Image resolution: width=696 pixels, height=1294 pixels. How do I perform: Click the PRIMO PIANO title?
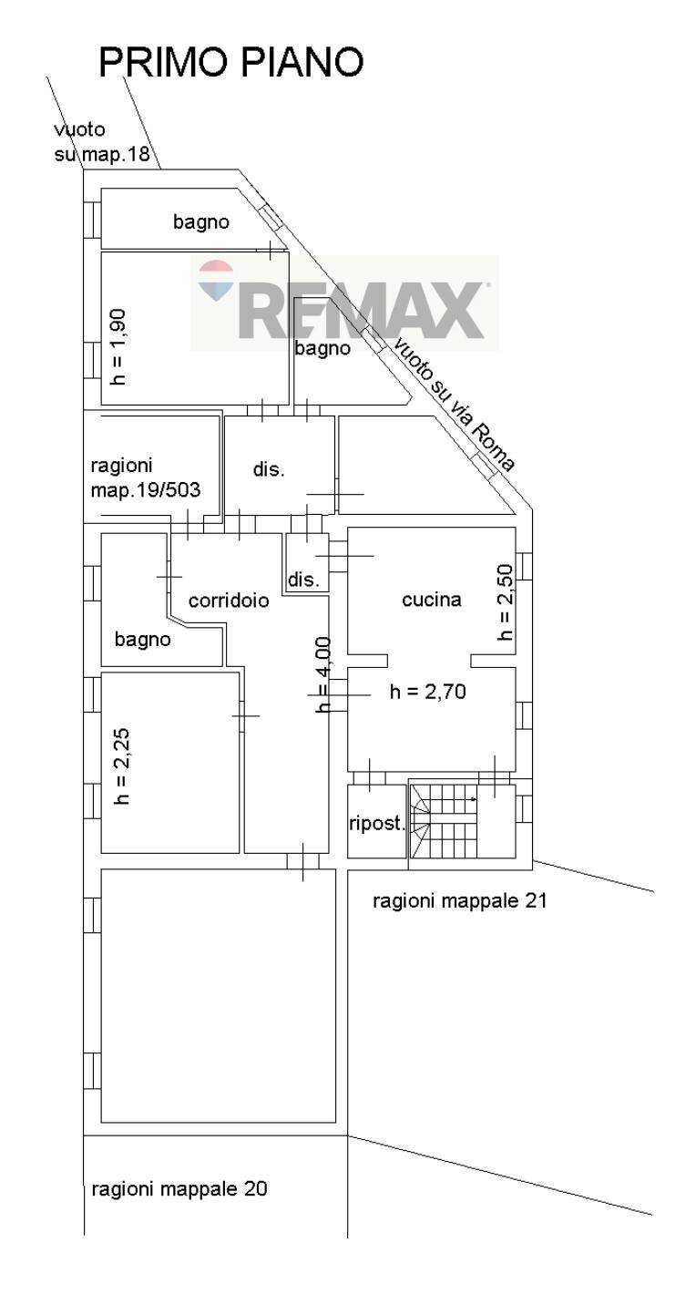231,62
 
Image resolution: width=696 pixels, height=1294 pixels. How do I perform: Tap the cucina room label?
432,600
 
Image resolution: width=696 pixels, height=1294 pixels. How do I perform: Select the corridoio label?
229,601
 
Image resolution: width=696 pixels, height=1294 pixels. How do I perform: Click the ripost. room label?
376,823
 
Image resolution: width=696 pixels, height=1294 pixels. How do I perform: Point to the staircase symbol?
444,821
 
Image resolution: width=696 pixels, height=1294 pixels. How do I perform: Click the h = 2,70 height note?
427,691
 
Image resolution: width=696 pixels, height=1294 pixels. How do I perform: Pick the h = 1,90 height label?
118,347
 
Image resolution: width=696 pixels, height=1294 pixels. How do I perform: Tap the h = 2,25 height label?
122,766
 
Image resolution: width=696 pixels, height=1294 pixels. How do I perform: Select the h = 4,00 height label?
323,674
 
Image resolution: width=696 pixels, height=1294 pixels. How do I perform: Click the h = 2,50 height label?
505,602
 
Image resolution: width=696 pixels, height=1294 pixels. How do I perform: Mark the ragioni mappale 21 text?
459,900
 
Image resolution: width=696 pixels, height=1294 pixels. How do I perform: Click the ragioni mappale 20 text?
179,1189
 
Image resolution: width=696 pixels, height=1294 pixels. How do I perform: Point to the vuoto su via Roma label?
454,405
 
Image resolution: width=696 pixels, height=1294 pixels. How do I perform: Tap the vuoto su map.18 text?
102,141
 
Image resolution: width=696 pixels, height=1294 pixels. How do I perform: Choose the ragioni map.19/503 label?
146,478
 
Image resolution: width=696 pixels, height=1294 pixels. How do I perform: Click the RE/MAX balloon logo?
216,280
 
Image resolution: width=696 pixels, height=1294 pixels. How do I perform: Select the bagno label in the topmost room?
201,221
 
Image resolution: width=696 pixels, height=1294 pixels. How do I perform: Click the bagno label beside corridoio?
143,640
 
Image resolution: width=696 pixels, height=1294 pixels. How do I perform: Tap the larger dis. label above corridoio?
269,469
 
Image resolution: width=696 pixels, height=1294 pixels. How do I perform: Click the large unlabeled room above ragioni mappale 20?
219,996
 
